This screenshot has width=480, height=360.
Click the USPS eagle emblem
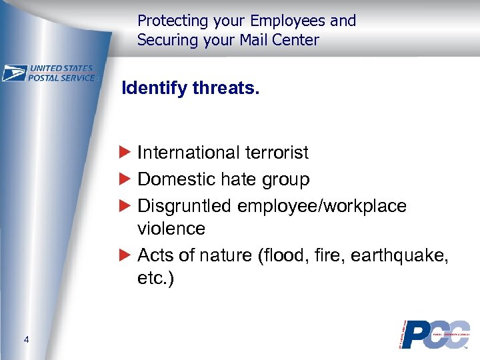[x=14, y=73]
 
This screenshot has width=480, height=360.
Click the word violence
[x=171, y=229]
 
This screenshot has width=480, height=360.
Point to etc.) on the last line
[x=155, y=278]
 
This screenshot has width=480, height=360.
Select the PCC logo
[x=434, y=334]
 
